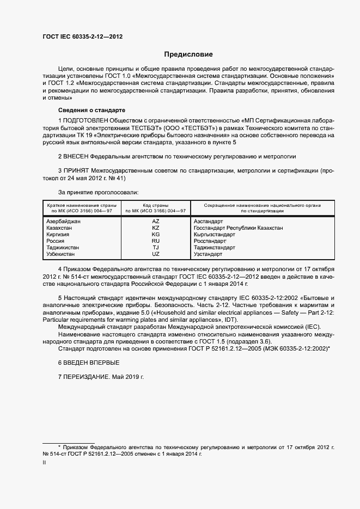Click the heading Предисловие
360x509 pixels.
[x=188, y=54]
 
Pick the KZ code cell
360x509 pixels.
[x=156, y=229]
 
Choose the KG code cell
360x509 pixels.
[x=156, y=235]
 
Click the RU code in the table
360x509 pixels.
[x=156, y=241]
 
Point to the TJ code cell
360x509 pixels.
[x=156, y=247]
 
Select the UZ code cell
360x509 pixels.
[x=156, y=254]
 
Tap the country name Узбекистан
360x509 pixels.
[x=62, y=254]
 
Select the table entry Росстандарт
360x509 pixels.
[x=210, y=241]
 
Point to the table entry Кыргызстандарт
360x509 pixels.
[x=214, y=235]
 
